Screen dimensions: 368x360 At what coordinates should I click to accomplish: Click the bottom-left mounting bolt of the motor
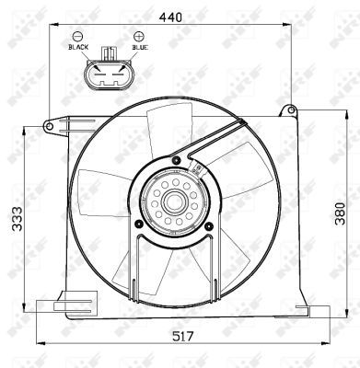coord(138,222)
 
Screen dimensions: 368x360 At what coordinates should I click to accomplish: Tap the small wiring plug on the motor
coord(197,167)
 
